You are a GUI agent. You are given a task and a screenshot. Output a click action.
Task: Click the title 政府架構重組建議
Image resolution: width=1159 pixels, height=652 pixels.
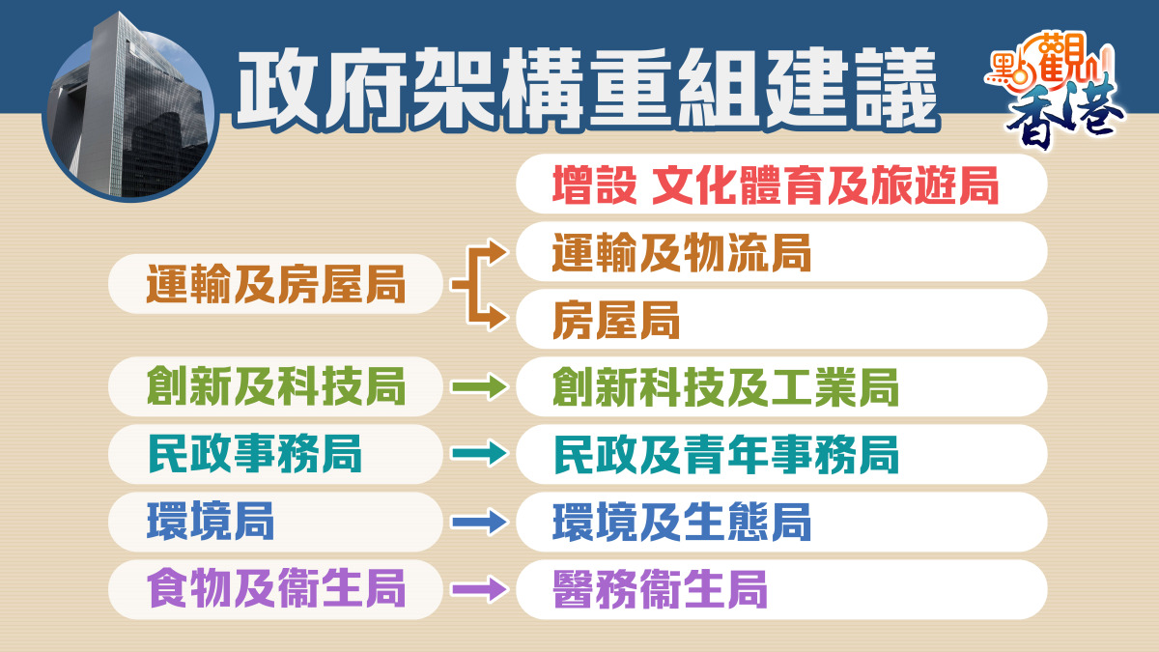coord(587,89)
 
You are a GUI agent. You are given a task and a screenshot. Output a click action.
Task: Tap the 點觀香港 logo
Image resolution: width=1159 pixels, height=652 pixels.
coord(1056,89)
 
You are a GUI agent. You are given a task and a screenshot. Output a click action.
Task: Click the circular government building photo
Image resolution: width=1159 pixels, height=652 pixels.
coord(130,107)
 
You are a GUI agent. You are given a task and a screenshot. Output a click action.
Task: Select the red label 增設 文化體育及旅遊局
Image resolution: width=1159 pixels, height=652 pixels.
coord(775,185)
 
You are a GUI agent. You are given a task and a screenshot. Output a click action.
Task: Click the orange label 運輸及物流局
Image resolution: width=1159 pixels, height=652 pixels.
coord(682,252)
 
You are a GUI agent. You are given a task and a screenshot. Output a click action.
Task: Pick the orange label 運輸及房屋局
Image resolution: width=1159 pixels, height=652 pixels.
coord(276,284)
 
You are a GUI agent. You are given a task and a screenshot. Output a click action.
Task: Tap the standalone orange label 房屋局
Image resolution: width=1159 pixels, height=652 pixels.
coord(616,320)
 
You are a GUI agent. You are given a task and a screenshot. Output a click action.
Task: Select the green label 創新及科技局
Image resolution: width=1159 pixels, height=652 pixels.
coord(276,386)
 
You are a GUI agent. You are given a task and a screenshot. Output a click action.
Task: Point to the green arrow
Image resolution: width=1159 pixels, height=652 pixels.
coord(480,387)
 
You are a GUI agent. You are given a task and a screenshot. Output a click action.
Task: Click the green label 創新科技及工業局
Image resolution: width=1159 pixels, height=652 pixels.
coord(725,387)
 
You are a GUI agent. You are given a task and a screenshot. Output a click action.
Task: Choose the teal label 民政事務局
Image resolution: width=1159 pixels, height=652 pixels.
coord(254,454)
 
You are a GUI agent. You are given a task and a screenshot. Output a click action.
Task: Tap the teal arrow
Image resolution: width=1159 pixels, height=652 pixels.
coord(480,454)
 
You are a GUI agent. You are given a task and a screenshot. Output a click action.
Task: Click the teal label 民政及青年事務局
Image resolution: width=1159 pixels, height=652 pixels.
coord(725,454)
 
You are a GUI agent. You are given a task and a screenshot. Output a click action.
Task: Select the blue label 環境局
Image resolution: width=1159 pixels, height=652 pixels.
coord(211,522)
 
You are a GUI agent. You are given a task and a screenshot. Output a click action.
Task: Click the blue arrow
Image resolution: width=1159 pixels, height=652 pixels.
coord(480,522)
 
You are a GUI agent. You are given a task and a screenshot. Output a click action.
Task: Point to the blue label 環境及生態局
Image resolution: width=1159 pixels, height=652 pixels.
coord(682,523)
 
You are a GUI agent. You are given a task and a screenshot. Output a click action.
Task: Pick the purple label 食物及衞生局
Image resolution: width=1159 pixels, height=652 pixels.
coord(276,588)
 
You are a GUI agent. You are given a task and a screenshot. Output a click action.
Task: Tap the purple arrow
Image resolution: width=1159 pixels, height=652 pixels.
coord(480,589)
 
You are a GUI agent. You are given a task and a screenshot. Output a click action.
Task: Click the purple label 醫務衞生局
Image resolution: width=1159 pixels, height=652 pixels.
coord(660,589)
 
